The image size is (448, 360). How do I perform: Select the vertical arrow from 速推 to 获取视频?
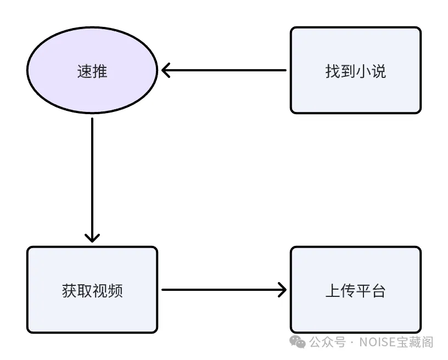(x=92, y=176)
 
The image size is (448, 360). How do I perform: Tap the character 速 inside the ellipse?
(x=85, y=71)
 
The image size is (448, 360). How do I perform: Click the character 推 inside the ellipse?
(x=100, y=71)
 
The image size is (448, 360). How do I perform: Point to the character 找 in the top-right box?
(x=333, y=71)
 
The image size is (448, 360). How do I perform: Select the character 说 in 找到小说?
(x=379, y=71)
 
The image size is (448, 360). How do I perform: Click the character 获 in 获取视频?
(x=69, y=290)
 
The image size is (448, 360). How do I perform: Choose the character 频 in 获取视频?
(x=115, y=290)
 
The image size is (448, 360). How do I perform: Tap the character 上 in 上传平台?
(x=333, y=290)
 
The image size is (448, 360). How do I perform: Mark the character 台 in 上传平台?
(x=379, y=290)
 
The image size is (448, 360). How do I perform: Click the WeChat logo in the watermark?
(x=298, y=342)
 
